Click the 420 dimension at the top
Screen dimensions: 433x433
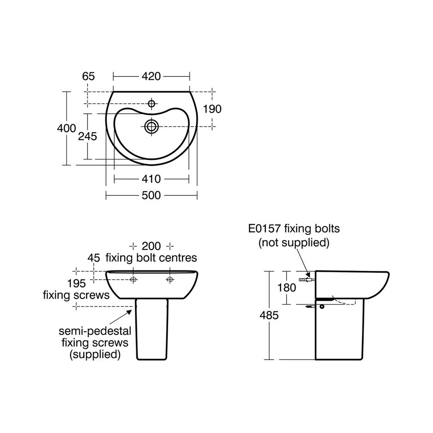click(x=151, y=76)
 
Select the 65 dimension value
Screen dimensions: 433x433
click(x=88, y=76)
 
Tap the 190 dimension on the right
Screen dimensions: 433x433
click(x=212, y=109)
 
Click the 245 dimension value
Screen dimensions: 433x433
click(x=87, y=136)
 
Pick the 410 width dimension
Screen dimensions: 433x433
click(x=151, y=179)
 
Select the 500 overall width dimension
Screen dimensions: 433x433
click(x=151, y=196)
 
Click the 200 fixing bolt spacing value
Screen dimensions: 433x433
click(x=151, y=246)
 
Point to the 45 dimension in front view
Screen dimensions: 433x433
click(x=94, y=258)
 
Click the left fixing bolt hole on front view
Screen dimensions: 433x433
click(x=133, y=280)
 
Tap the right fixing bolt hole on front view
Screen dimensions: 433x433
click(x=170, y=280)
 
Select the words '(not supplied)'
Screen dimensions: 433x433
click(x=294, y=242)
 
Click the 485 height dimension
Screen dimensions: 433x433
click(x=269, y=316)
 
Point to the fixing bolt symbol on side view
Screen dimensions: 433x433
click(x=306, y=279)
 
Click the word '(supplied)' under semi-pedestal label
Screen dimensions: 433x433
click(x=95, y=354)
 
